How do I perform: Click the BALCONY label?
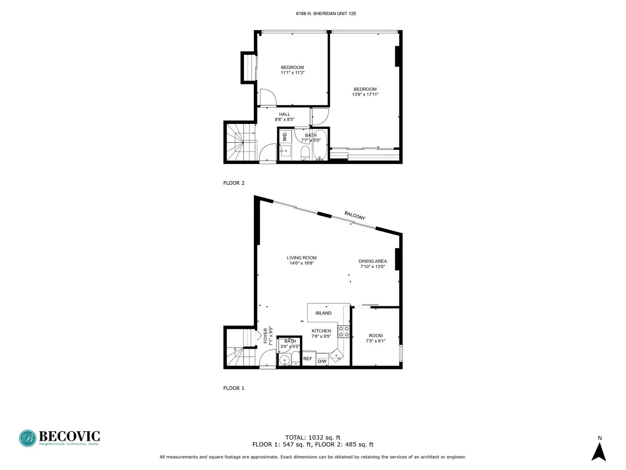coord(355,215)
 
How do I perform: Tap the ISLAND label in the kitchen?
coord(323,313)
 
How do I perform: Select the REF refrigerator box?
coord(308,359)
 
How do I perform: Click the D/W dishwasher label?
coord(322,361)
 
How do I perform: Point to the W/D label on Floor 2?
coord(285,137)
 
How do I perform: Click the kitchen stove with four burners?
coord(344,332)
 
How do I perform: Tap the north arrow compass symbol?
coord(599,452)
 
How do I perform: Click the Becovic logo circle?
coord(27,438)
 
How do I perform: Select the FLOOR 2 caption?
coord(234,183)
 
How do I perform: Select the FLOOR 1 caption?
coord(234,388)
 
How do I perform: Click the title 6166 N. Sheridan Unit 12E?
coord(326,13)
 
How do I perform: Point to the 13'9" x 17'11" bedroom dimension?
coord(365,94)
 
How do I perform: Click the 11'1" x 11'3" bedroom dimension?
coord(293,73)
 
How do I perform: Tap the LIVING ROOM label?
coord(302,258)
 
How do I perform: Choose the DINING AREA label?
coord(373,261)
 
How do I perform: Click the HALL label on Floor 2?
coord(285,114)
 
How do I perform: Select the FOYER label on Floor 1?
coord(266,336)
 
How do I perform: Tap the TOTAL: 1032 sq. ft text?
coord(313,437)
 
